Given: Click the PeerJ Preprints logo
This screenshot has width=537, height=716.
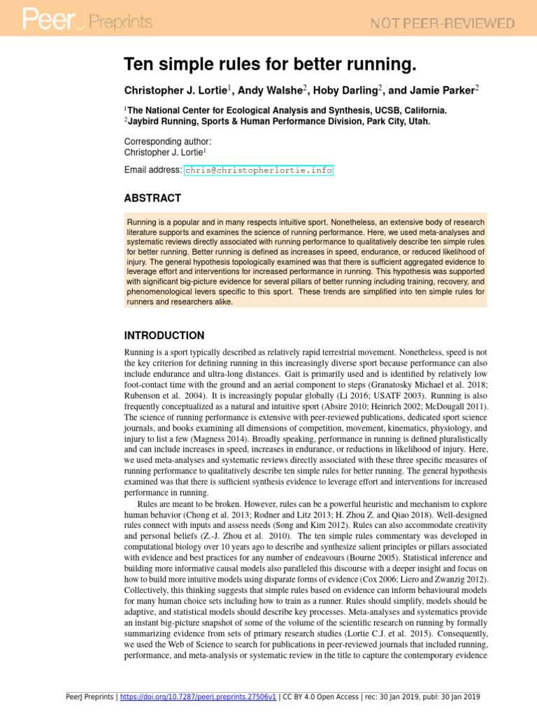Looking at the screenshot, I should point(87,22).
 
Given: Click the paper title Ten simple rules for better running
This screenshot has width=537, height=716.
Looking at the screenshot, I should point(270,65).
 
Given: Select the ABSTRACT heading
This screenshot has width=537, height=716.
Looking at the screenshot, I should point(152,198).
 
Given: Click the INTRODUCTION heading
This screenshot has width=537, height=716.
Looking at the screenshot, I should point(164,336).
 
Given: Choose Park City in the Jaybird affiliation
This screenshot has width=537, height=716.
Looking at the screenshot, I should point(387,121).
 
